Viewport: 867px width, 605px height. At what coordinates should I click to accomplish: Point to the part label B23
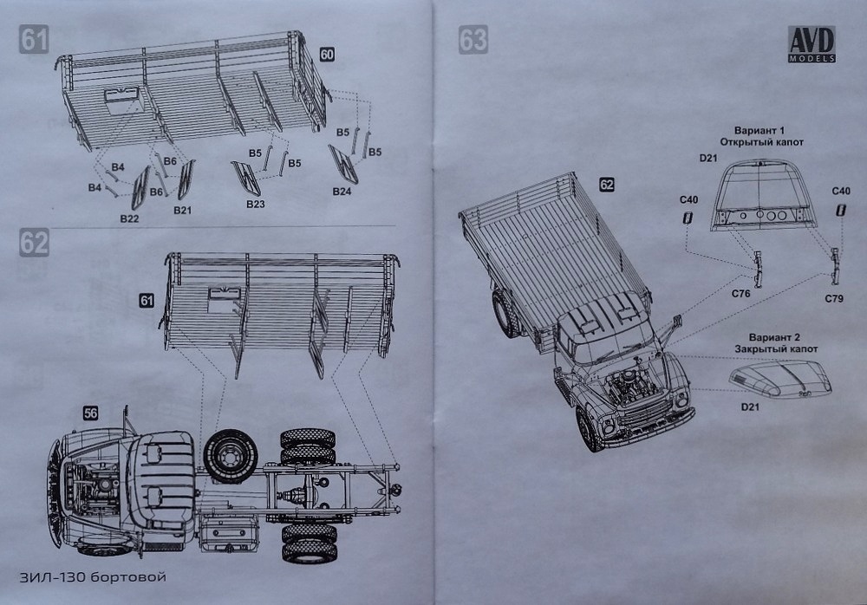click(x=254, y=204)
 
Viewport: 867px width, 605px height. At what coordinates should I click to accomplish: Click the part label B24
click(x=341, y=192)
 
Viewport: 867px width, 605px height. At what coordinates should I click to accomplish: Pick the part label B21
click(x=183, y=211)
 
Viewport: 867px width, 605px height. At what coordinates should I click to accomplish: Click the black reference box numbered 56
click(x=90, y=413)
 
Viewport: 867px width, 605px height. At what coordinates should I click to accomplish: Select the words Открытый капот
click(x=762, y=140)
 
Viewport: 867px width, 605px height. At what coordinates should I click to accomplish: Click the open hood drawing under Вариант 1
click(x=762, y=198)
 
